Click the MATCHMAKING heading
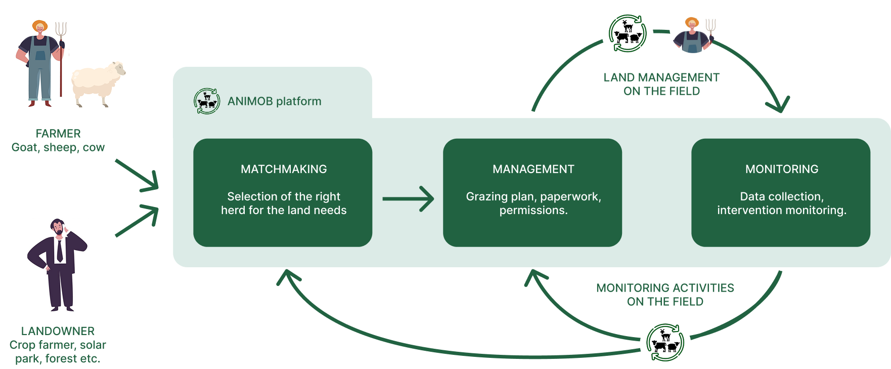284,169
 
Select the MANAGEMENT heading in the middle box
533,169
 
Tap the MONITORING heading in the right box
781,169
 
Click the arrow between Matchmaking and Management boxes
408,199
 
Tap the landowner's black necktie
60,251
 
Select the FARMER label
58,134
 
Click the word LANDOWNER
58,331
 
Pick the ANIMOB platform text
274,101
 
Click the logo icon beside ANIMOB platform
207,101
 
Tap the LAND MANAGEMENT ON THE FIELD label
661,84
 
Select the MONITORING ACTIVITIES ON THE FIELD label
665,295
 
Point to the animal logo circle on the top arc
628,35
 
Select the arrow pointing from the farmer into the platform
138,176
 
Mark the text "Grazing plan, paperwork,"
533,196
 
